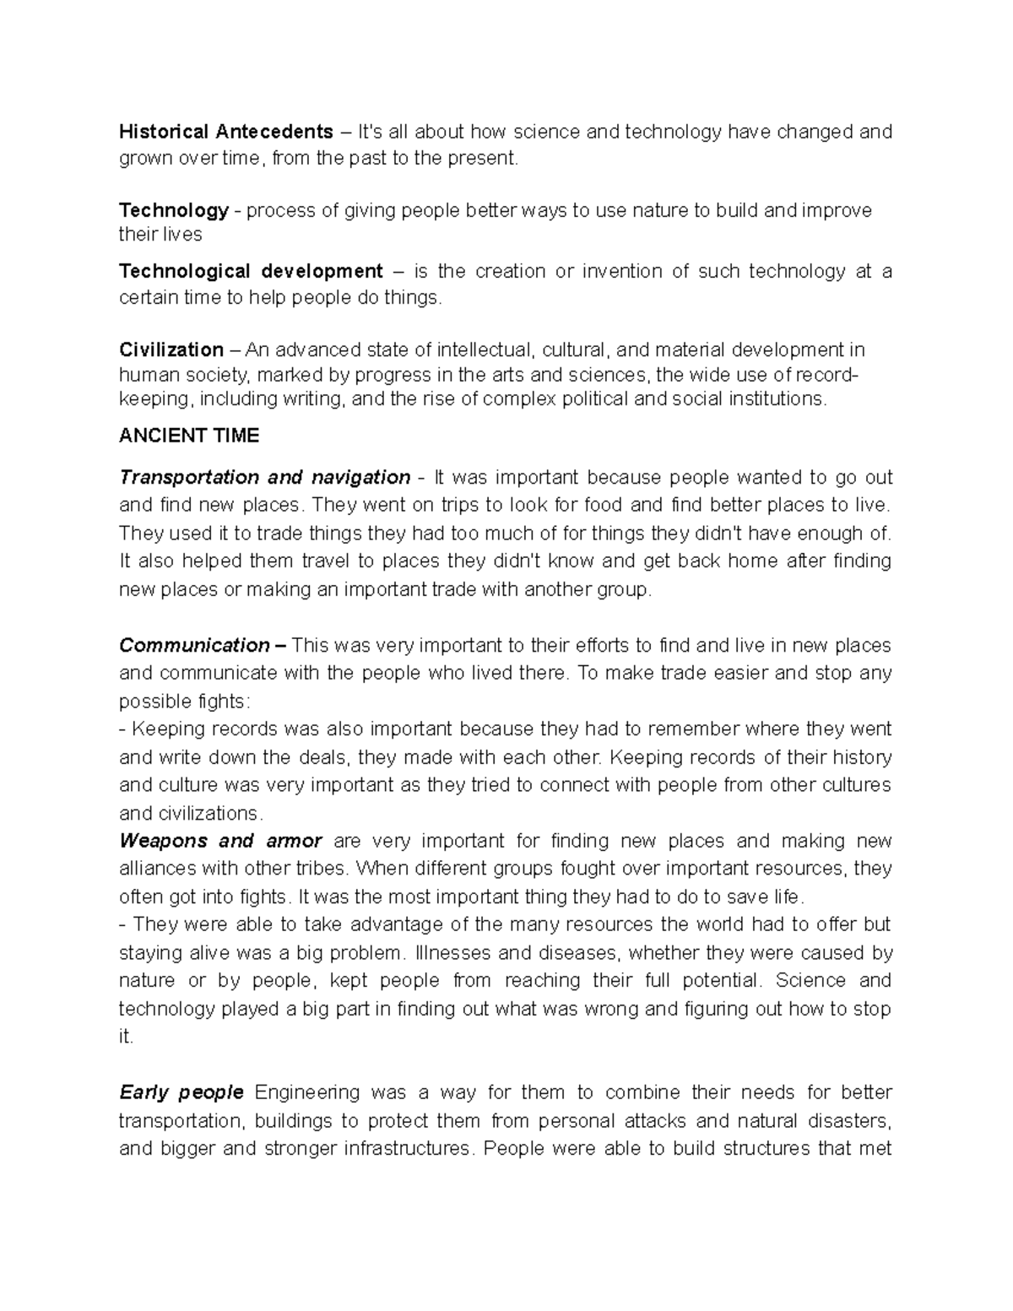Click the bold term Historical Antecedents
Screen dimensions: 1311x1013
[226, 132]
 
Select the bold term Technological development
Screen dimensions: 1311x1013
[251, 271]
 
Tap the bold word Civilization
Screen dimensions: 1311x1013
[171, 349]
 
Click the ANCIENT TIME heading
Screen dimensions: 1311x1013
[189, 436]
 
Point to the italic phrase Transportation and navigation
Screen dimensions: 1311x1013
[264, 478]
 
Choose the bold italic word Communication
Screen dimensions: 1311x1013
[194, 646]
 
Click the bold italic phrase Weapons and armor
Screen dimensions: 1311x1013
[220, 841]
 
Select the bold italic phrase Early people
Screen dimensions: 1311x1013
[181, 1092]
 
